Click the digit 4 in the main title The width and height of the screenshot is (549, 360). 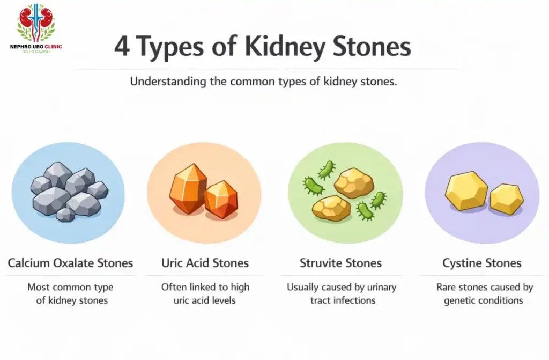click(122, 47)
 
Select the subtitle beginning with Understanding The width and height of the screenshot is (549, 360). click(263, 83)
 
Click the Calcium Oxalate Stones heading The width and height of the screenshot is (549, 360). click(70, 263)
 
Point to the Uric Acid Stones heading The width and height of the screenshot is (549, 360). click(205, 263)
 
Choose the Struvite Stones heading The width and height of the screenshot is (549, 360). click(340, 263)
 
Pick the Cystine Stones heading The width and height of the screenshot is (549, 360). click(481, 263)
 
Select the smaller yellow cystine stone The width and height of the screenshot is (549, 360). click(506, 199)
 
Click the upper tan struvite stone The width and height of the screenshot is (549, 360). click(353, 183)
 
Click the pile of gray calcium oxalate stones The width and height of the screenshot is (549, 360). click(68, 191)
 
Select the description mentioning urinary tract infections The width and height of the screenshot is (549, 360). click(342, 293)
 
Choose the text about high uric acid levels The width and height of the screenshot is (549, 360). click(205, 293)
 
